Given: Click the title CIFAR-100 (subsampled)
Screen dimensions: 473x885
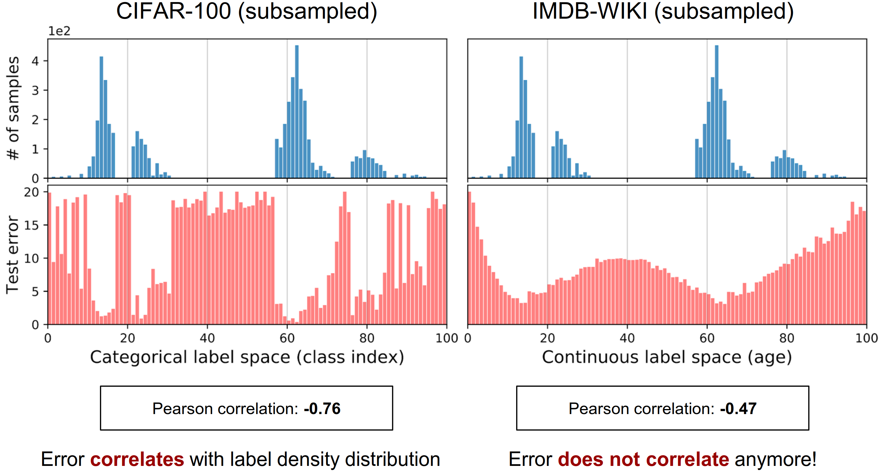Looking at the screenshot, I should tap(246, 12).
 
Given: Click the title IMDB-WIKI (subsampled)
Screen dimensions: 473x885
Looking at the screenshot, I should tap(663, 12).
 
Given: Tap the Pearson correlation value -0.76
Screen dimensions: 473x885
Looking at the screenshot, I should tap(322, 408).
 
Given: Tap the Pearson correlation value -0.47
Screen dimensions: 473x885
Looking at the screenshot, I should tap(738, 408).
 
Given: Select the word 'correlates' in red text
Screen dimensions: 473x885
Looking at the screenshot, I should tap(137, 459).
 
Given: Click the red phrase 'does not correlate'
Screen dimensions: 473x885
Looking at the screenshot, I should tap(643, 459).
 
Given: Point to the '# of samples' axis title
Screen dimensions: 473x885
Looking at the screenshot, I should tap(13, 108).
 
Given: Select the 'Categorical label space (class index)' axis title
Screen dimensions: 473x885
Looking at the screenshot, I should tap(247, 357).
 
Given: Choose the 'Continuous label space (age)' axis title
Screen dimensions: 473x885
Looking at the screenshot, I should tap(667, 357).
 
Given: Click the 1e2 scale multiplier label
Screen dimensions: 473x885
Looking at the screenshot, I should tap(59, 31).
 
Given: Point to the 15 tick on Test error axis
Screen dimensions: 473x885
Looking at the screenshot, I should tap(31, 225).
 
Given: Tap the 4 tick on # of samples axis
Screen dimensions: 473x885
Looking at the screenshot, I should tap(35, 61).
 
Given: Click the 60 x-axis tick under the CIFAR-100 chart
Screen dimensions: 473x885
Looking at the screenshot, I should tap(287, 338).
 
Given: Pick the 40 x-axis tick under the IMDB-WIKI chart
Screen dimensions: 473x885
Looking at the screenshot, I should tap(627, 338).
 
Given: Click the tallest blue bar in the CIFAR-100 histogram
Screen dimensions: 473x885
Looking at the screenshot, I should tap(297, 112).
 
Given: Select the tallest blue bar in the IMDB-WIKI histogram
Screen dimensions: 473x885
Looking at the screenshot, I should tap(717, 112).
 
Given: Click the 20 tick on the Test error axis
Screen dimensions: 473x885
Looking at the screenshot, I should tap(31, 192).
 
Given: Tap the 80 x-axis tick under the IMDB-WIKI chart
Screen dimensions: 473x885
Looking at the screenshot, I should tap(787, 338).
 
